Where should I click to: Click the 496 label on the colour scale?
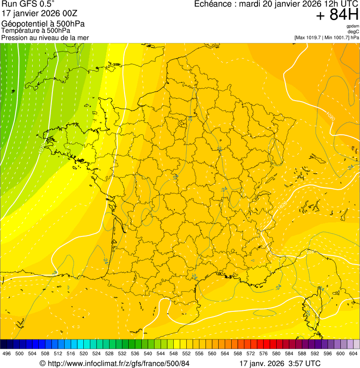click(x=7, y=354)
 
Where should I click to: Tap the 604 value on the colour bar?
click(x=353, y=354)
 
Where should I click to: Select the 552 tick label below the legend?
click(x=186, y=354)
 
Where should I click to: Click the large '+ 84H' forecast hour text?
click(x=337, y=15)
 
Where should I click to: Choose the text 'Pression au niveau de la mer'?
click(x=45, y=37)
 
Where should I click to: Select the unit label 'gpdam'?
click(x=353, y=26)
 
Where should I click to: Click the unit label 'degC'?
click(x=354, y=31)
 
